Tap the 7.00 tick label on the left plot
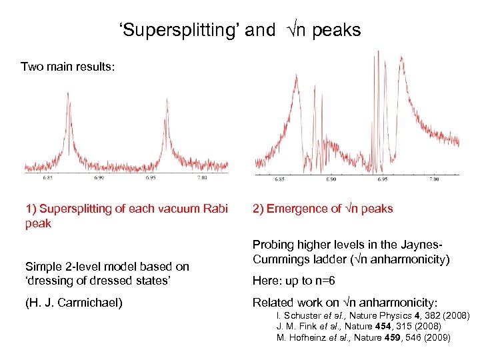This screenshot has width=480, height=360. pos(202,179)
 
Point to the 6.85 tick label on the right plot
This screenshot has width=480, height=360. pos(279,180)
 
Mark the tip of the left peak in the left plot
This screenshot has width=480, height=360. pos(67,94)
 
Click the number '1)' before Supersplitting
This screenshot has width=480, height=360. pos(31,209)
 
